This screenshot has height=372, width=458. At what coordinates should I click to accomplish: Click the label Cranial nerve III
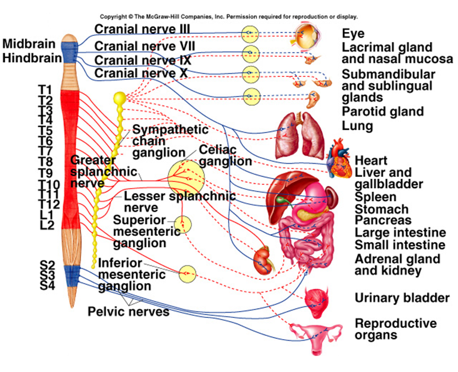(x=142, y=29)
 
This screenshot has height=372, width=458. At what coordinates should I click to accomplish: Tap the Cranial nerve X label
(x=141, y=73)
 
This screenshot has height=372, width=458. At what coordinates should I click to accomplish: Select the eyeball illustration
(x=307, y=36)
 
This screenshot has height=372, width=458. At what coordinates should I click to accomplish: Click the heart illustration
(x=339, y=158)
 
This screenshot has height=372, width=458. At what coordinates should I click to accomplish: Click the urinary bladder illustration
(x=317, y=302)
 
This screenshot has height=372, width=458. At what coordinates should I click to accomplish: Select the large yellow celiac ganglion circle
(x=186, y=178)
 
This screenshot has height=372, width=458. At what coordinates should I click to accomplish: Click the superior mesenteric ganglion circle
(x=183, y=225)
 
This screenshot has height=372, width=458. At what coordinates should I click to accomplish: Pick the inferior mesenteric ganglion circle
(x=187, y=274)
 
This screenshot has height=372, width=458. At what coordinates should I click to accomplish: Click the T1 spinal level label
(x=45, y=90)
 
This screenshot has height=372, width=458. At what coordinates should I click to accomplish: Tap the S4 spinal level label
(x=47, y=286)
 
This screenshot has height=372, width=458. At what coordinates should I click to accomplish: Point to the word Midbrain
(x=29, y=44)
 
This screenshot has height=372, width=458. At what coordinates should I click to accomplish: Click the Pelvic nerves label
(x=128, y=312)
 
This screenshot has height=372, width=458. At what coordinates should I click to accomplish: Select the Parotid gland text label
(x=383, y=111)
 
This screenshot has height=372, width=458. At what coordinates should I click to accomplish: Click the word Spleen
(x=375, y=197)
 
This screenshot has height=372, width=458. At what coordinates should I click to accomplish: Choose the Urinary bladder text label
(x=402, y=298)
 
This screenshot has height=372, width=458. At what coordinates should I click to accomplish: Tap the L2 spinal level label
(x=47, y=225)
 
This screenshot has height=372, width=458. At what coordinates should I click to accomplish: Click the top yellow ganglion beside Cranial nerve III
(x=250, y=34)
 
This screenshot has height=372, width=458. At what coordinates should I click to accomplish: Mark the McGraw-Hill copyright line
(x=228, y=16)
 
